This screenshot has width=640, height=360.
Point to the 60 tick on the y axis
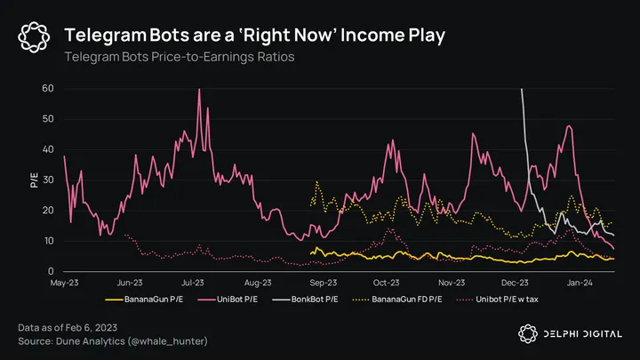click(x=48, y=89)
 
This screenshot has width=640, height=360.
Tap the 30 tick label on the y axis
click(x=48, y=180)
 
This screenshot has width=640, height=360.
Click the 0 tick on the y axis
click(x=51, y=271)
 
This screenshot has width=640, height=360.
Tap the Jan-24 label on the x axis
click(x=580, y=283)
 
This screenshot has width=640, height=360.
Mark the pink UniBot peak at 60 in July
click(x=199, y=90)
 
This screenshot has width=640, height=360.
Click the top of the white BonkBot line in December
click(x=521, y=90)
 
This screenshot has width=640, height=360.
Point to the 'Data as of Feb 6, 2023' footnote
click(x=74, y=329)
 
